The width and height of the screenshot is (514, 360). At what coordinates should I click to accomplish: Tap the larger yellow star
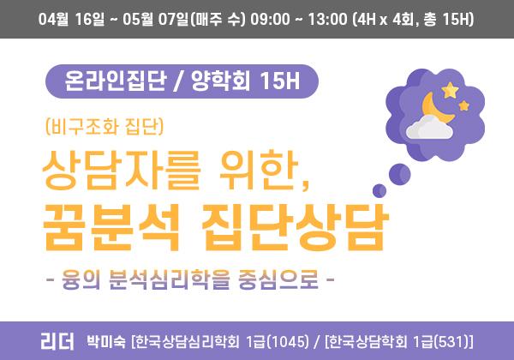point(450,90)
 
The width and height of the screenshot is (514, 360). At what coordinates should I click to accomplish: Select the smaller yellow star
point(463,106)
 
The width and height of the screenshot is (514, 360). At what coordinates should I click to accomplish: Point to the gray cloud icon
point(429,127)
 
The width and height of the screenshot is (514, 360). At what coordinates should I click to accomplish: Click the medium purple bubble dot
point(399,174)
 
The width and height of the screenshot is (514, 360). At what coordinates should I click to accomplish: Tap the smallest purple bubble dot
point(380,190)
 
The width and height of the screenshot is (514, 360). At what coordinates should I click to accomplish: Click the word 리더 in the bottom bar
point(57,341)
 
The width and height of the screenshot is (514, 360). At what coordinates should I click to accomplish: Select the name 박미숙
point(106,342)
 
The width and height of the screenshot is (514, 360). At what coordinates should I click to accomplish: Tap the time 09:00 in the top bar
point(270,19)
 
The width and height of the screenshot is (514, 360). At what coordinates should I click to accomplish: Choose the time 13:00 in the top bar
point(327,19)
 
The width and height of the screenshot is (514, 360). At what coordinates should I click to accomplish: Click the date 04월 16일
point(71,19)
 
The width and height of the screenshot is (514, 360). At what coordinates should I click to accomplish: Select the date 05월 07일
point(155,19)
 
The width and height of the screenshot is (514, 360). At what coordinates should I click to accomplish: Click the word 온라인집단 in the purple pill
point(116,81)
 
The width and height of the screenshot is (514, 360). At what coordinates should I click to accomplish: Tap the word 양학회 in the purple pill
point(221,81)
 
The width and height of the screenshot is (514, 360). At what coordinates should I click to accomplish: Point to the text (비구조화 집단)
point(105,127)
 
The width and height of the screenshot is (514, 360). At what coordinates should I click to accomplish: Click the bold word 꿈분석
point(111,227)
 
